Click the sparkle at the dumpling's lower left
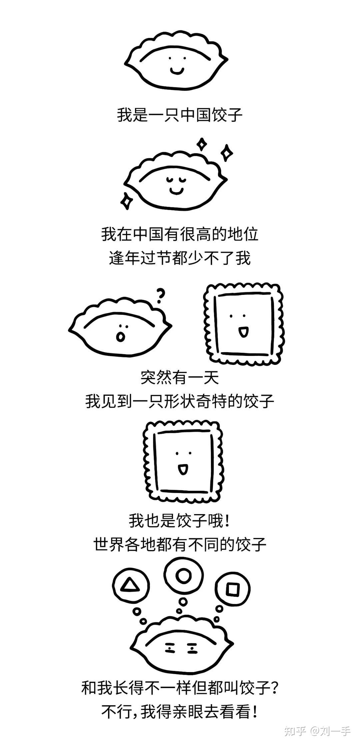pos(126,201)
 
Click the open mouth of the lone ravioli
pos(182,470)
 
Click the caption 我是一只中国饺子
pos(180,115)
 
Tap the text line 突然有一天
pos(180,377)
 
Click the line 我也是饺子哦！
pos(180,520)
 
